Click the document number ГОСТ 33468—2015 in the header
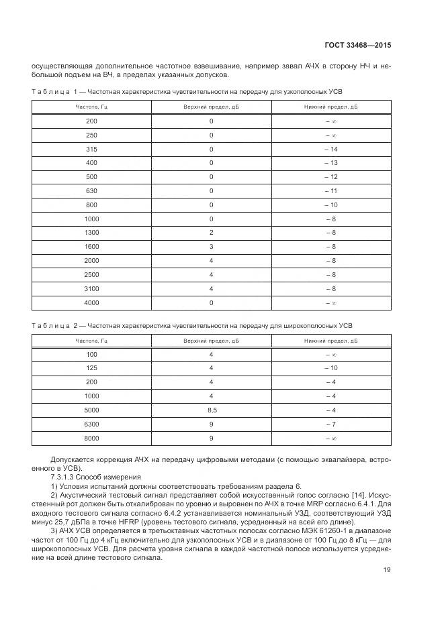point(357,46)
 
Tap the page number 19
point(386,570)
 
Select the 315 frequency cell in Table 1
point(91,149)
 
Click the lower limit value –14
point(330,149)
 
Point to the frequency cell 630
point(91,191)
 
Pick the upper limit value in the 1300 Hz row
point(211,233)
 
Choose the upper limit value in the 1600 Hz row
point(211,247)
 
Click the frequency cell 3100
point(91,289)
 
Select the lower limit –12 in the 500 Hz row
point(330,177)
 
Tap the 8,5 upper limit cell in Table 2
point(211,410)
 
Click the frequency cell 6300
point(91,424)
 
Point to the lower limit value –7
point(330,424)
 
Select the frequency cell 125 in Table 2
point(91,367)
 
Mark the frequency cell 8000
point(91,438)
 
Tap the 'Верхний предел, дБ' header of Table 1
point(211,107)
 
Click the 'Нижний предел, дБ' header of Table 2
point(330,341)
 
